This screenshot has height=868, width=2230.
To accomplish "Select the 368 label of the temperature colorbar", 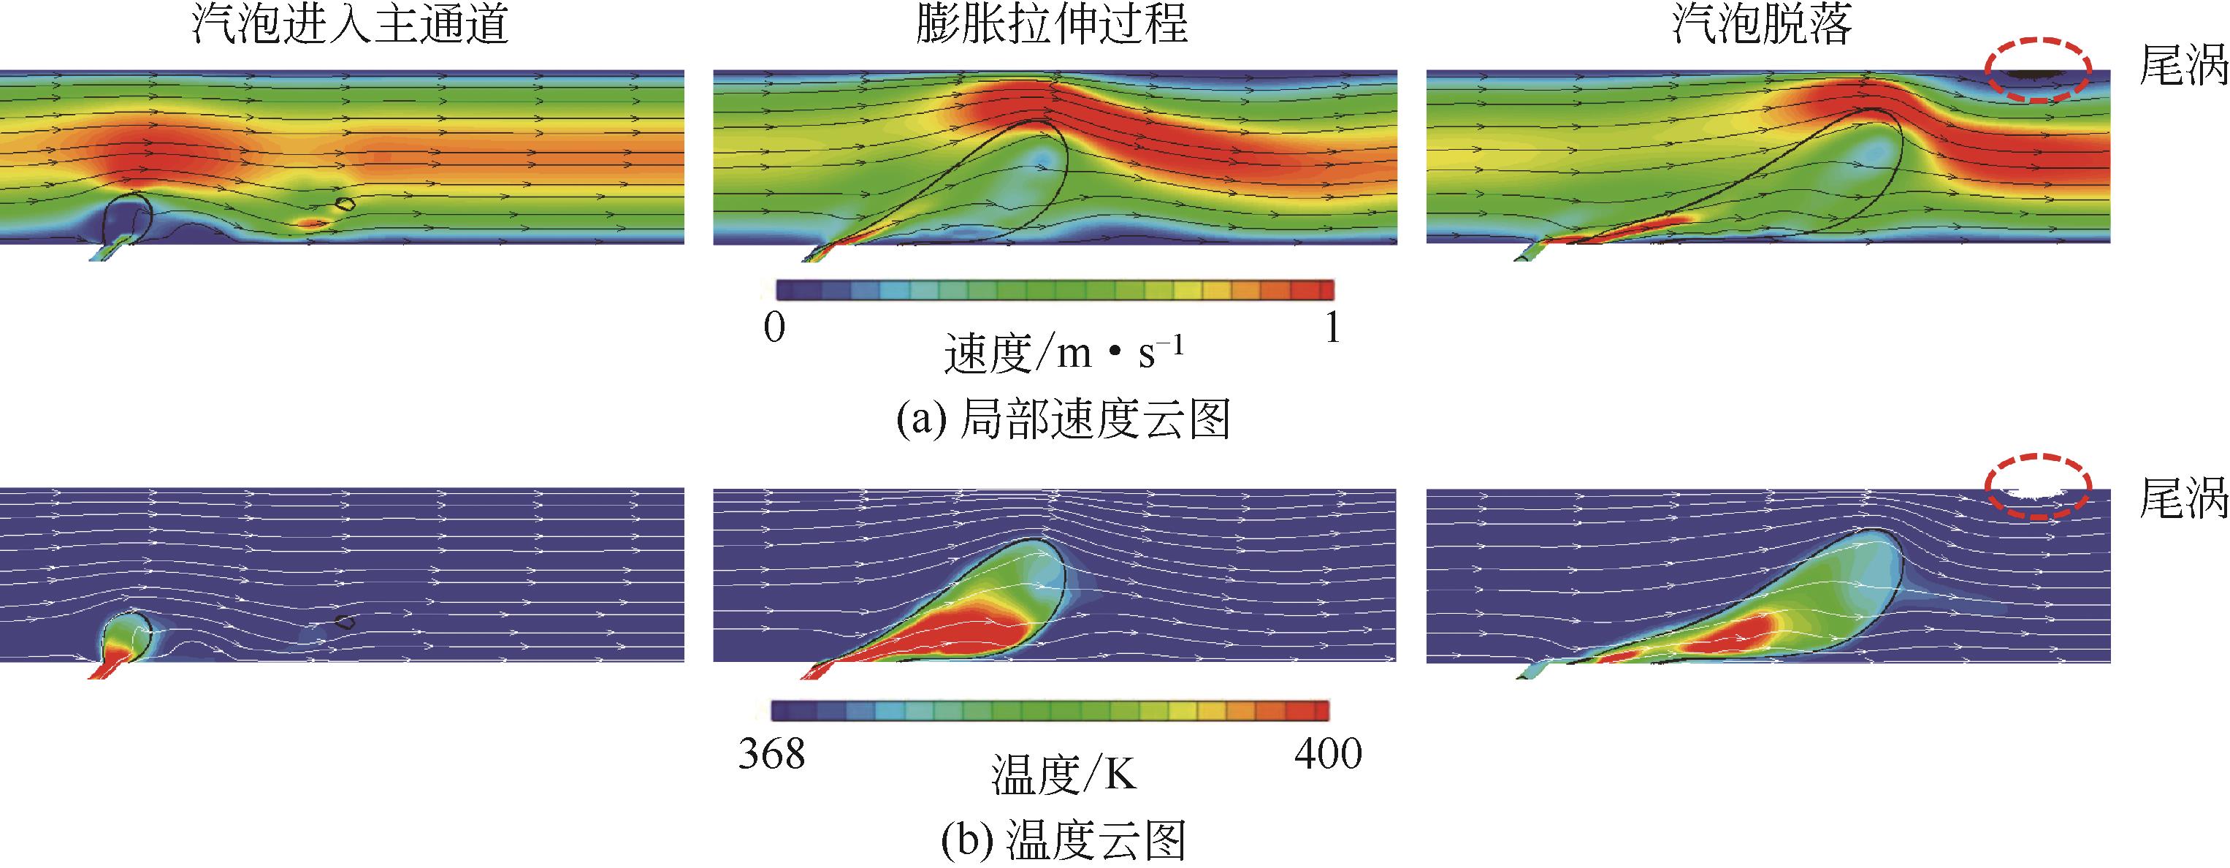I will coord(771,753).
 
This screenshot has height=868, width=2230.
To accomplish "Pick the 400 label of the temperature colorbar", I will coord(1328,753).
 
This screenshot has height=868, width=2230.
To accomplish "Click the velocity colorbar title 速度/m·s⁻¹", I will coord(1063,354).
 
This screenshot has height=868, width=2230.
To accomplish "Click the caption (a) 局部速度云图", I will coord(1063,420).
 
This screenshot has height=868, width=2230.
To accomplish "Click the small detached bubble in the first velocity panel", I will coord(345,205).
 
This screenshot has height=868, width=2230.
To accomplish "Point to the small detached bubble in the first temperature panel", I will coord(345,621).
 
